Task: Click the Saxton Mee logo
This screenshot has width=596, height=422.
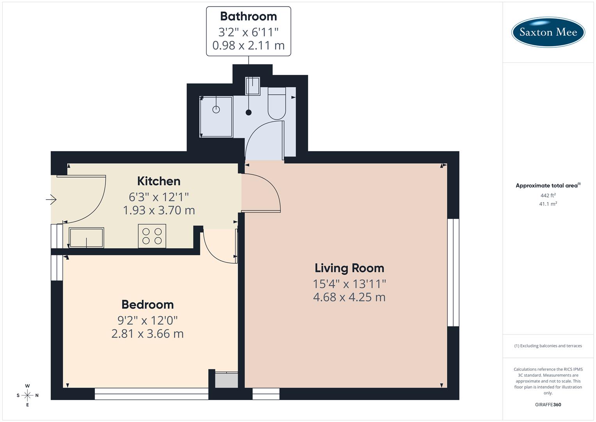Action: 548,32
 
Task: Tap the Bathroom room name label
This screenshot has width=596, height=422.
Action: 248,16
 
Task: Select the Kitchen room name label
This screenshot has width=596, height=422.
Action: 158,181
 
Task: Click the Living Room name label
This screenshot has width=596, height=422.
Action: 349,268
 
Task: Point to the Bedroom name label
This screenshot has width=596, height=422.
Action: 148,304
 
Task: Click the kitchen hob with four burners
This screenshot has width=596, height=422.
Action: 152,236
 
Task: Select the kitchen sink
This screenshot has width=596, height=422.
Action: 86,238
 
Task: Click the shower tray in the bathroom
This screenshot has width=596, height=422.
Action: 216,116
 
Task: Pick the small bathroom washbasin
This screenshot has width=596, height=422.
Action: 253,86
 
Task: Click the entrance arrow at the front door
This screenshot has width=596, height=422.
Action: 51,200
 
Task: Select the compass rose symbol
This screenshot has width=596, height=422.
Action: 27,395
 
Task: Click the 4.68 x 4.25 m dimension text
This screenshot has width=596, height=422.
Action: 349,297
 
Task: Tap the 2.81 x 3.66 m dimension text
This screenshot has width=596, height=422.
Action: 148,334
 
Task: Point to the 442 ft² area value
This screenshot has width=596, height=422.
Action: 548,195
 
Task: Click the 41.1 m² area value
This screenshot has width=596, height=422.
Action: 548,204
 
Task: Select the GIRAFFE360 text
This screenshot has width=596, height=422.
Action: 548,405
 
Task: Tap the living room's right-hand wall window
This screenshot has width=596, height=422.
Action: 453,272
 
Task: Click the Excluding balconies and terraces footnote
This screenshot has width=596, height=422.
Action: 548,346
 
